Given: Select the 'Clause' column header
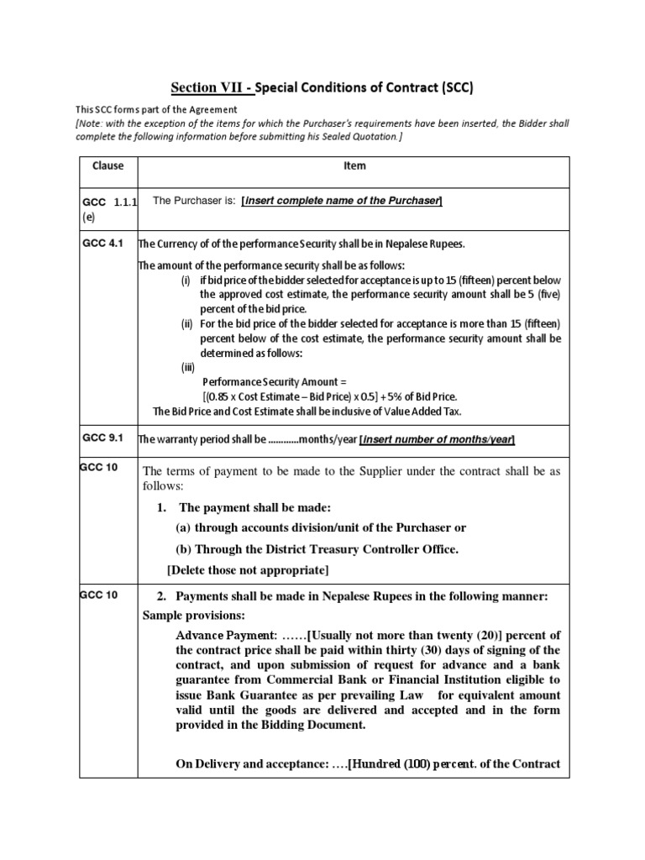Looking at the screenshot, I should pos(107,166).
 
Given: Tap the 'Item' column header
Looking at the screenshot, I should pos(354,166).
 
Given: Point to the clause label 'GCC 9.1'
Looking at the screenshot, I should pos(103,438).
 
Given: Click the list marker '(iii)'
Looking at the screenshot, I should pos(190,367).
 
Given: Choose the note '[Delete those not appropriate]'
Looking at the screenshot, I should pos(248,570).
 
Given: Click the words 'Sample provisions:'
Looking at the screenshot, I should pos(186,615).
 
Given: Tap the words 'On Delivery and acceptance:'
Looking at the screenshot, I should pos(249,763).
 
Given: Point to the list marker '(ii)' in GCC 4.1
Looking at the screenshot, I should pos(188,323).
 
